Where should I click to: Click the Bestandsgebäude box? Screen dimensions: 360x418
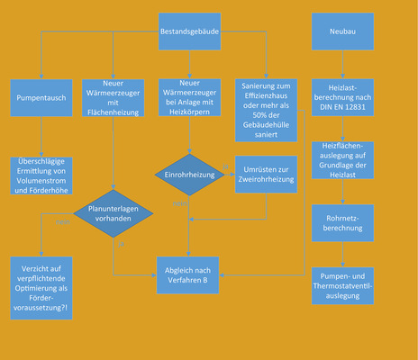pos(189,31)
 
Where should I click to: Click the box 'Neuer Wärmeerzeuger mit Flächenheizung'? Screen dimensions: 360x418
pos(114,96)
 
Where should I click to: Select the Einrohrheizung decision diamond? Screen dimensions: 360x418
pos(188,174)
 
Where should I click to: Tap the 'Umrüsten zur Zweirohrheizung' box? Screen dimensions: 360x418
pos(263,174)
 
